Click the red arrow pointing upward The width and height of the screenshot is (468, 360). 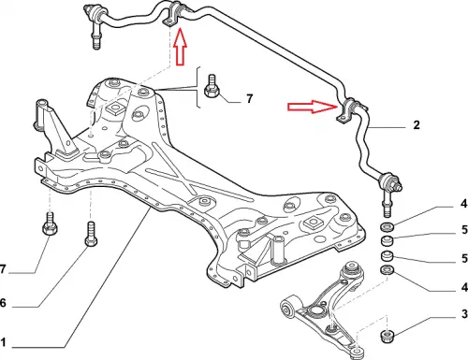click(x=180, y=47)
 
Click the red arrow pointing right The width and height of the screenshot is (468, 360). click(x=313, y=107)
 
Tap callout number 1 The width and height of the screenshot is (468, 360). click(x=3, y=342)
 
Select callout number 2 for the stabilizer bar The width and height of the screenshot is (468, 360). click(x=417, y=125)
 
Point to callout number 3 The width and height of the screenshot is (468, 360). click(x=464, y=314)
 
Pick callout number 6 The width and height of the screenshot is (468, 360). click(x=3, y=302)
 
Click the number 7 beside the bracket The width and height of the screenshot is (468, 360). click(x=249, y=99)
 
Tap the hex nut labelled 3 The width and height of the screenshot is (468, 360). click(x=388, y=336)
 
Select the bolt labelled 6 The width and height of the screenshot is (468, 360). click(x=91, y=234)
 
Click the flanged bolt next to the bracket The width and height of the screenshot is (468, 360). click(x=212, y=85)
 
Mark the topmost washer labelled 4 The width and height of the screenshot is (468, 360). click(x=387, y=227)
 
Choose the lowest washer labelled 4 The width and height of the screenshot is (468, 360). click(x=388, y=269)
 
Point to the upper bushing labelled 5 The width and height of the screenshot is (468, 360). click(x=388, y=241)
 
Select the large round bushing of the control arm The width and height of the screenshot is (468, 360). click(x=287, y=307)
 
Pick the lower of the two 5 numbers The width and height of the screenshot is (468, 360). click(x=464, y=258)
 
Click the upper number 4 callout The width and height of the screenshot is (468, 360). click(x=464, y=204)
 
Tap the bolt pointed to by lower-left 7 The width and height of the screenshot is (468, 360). click(x=50, y=224)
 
